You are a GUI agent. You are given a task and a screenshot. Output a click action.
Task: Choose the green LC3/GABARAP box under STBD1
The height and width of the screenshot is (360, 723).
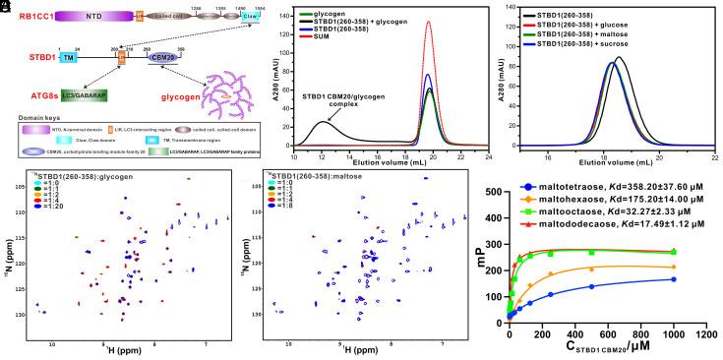(x=88, y=95)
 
